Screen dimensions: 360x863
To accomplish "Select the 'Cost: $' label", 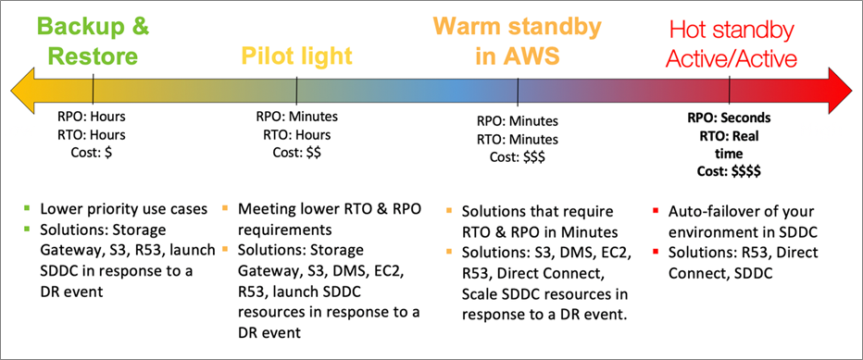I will tap(93, 152).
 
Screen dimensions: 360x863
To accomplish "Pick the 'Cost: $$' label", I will tap(297, 152).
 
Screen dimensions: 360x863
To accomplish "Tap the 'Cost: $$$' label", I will tap(519, 156).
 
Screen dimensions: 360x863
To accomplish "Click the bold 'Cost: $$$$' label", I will tap(731, 170).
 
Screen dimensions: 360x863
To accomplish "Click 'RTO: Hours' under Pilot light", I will tap(297, 134).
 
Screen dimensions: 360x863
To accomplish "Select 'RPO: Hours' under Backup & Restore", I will tap(93, 118).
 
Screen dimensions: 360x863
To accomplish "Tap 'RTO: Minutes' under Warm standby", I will tap(519, 139).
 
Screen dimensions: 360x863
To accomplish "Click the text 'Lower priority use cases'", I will tap(120, 209).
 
